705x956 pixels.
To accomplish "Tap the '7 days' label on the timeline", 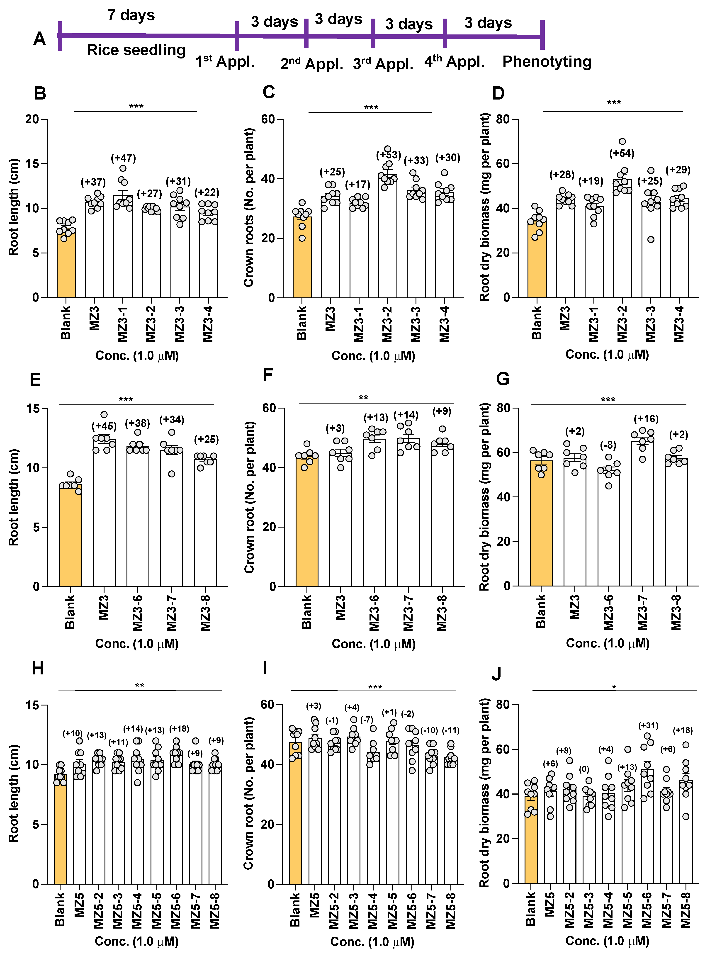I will tap(131, 15).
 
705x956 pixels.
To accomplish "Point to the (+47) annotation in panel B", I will tap(123, 158).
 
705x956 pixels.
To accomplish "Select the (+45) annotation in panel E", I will tap(104, 426).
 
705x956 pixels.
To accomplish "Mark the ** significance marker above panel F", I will tap(363, 398).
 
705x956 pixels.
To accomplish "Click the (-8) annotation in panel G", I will tap(608, 445).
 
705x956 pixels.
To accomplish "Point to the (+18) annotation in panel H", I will tap(179, 729).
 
